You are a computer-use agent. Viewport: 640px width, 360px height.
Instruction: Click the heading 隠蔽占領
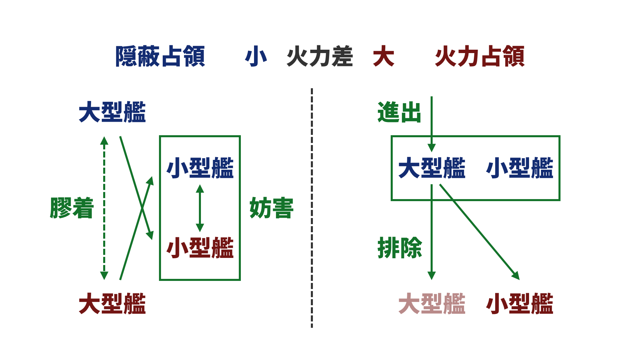click(160, 56)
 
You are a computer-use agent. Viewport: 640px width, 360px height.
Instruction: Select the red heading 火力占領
click(480, 56)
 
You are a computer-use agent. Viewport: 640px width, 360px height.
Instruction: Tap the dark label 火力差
click(320, 56)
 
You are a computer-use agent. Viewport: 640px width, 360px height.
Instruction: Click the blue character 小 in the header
click(256, 56)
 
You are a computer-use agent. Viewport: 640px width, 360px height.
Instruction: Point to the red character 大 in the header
click(384, 56)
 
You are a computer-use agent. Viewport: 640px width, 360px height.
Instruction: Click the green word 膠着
click(72, 208)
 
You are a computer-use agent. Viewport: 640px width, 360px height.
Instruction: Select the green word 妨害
click(272, 208)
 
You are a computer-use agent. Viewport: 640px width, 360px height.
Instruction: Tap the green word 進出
click(399, 112)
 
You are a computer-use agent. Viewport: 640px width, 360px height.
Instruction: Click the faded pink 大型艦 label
click(432, 304)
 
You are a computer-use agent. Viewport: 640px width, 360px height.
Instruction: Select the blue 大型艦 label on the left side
click(112, 112)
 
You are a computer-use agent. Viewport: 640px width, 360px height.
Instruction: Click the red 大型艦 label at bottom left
click(112, 304)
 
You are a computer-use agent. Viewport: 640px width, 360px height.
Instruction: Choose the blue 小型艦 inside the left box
click(200, 168)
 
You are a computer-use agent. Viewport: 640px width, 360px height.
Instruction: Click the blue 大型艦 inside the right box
click(432, 168)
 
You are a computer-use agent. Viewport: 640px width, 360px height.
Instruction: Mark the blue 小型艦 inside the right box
click(520, 168)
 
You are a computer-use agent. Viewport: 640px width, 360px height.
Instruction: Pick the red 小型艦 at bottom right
click(520, 304)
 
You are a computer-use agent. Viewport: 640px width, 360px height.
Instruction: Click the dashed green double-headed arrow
click(104, 208)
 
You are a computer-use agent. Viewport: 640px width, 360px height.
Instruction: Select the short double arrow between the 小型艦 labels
click(200, 208)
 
